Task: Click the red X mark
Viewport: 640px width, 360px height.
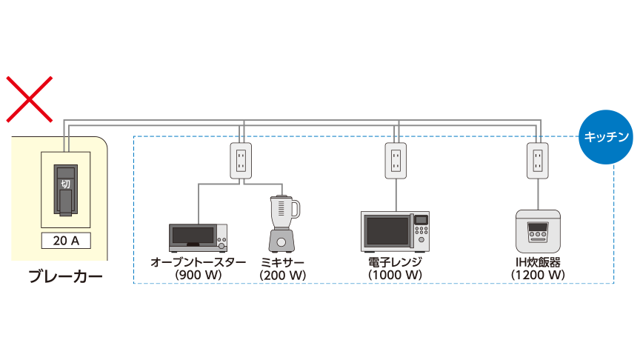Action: [30, 99]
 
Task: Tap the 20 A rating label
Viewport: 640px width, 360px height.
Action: [64, 241]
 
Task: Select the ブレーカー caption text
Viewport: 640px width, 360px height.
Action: [65, 277]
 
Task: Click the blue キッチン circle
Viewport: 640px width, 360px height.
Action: [607, 137]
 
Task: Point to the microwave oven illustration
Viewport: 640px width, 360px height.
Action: [395, 230]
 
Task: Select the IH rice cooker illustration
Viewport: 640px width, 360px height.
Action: [538, 230]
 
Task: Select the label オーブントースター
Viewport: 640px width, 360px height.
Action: [198, 262]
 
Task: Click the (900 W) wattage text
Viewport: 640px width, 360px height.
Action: [198, 275]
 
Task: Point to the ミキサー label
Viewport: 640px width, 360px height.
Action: [282, 262]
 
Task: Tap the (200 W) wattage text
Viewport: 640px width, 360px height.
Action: [282, 275]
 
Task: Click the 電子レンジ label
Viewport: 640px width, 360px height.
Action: [395, 262]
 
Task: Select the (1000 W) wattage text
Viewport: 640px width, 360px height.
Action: [395, 275]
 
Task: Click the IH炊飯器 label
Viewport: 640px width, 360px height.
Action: [538, 262]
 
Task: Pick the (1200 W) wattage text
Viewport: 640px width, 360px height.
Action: [538, 275]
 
